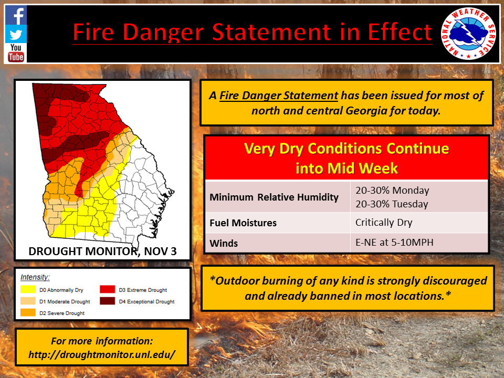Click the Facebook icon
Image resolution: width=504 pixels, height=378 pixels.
[x=16, y=15]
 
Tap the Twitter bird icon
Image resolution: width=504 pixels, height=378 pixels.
[x=16, y=34]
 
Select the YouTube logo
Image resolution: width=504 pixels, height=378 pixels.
[x=16, y=52]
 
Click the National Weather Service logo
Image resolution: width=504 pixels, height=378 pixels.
[x=468, y=34]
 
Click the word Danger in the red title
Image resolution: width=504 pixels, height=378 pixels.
[x=163, y=32]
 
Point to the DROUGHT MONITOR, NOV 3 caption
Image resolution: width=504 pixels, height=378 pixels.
[x=102, y=251]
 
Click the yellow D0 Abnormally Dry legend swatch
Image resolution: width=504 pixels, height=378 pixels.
[x=28, y=289]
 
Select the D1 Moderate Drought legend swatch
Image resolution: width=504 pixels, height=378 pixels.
[x=28, y=301]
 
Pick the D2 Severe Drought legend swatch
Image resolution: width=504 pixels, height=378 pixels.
[x=28, y=312]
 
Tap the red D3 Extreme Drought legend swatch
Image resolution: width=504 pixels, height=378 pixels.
[x=107, y=289]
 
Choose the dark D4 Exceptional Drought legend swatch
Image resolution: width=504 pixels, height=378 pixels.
[x=107, y=301]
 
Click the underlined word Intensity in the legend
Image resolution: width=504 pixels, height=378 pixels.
[x=35, y=277]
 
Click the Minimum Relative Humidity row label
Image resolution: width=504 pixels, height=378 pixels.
[x=274, y=197]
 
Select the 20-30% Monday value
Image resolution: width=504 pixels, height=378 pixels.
[x=392, y=190]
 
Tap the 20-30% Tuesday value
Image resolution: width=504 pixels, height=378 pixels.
[x=392, y=204]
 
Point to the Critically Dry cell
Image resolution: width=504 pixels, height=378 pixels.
[x=384, y=223]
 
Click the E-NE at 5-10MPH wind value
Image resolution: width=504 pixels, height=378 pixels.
[x=394, y=242]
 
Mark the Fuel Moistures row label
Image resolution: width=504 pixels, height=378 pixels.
[x=243, y=223]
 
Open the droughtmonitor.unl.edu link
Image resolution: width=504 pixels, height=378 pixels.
[x=102, y=354]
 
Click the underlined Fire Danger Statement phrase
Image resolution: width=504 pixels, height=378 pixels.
[x=279, y=96]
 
